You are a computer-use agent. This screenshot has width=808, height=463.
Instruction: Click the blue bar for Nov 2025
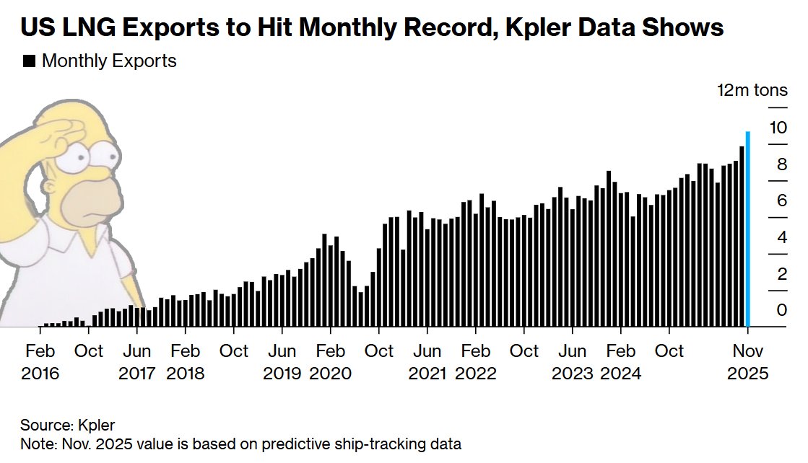pyautogui.click(x=748, y=229)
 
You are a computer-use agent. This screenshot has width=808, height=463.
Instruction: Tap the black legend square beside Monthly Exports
pyautogui.click(x=30, y=61)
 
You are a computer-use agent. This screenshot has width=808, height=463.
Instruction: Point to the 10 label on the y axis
pyautogui.click(x=778, y=128)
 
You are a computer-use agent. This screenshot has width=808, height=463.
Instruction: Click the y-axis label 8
pyautogui.click(x=782, y=165)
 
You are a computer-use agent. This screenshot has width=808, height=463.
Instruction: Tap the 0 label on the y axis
pyautogui.click(x=782, y=310)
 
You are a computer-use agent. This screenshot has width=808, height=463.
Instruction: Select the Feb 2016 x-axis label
pyautogui.click(x=40, y=362)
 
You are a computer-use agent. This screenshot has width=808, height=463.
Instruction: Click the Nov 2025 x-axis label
pyautogui.click(x=748, y=362)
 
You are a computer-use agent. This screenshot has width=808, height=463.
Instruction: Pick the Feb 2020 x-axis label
pyautogui.click(x=330, y=362)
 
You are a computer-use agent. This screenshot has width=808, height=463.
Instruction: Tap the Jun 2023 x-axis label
pyautogui.click(x=573, y=362)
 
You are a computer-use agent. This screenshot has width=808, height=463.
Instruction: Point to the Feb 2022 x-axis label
pyautogui.click(x=475, y=362)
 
